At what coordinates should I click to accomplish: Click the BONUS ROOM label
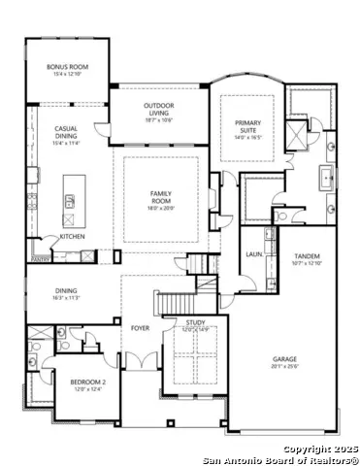(x=68, y=67)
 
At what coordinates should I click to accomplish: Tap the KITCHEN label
(x=74, y=237)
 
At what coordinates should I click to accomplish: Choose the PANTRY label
(x=40, y=259)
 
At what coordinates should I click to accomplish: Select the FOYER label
(x=139, y=328)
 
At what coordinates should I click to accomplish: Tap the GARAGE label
(x=284, y=358)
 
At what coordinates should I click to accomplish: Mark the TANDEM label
(x=307, y=256)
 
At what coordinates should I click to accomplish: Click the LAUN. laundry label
(x=254, y=254)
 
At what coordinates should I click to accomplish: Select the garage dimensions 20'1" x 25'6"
(x=284, y=367)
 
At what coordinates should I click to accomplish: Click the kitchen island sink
(x=70, y=201)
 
